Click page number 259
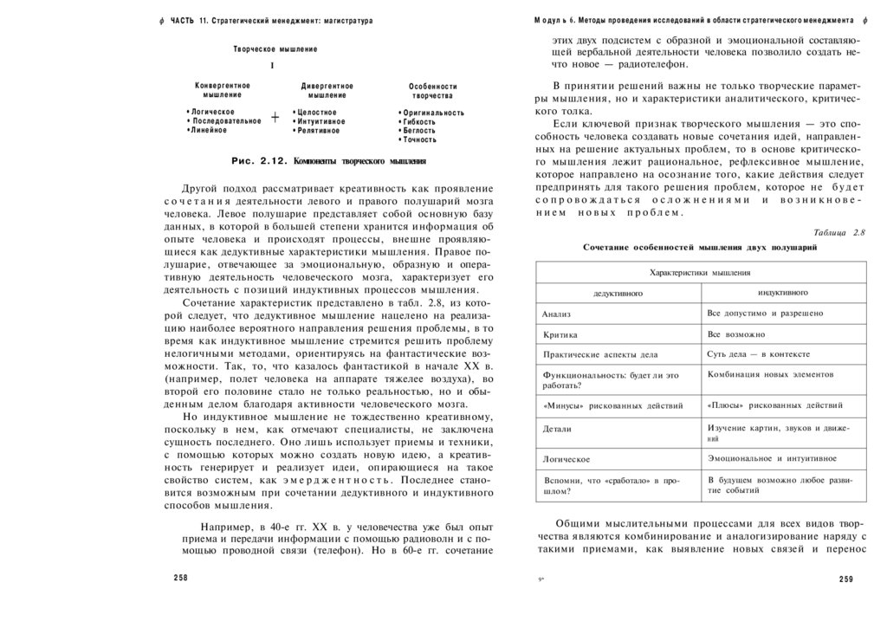[x=846, y=579]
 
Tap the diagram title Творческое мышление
[x=275, y=49]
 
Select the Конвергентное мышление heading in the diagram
[x=223, y=90]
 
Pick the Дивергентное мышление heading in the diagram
[x=327, y=91]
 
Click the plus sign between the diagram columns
[x=275, y=119]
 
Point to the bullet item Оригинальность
[x=432, y=113]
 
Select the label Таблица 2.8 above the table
[x=839, y=232]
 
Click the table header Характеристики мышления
[x=700, y=272]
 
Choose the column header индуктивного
[x=783, y=293]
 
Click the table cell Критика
[x=560, y=333]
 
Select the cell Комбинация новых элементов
[x=770, y=374]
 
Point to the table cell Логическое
[x=567, y=458]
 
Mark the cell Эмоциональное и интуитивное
[x=772, y=457]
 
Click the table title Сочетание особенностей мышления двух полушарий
[x=700, y=247]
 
